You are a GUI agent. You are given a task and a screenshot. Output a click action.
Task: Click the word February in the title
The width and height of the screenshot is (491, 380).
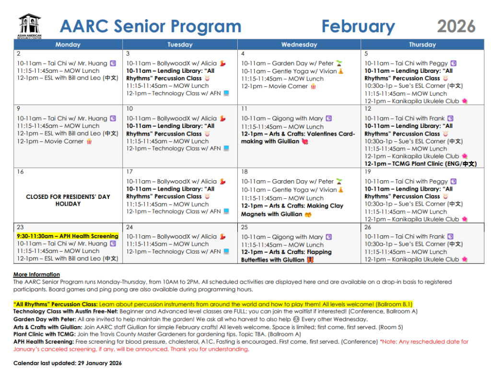tap(358, 26)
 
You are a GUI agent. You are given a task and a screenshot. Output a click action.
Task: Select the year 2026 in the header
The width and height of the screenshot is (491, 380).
tap(456, 26)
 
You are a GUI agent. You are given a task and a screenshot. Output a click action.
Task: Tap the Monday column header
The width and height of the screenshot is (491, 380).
tap(68, 45)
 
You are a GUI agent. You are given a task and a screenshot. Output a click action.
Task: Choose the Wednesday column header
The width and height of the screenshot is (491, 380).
tap(299, 45)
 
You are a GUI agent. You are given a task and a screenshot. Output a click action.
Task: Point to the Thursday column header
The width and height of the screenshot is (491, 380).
tap(422, 45)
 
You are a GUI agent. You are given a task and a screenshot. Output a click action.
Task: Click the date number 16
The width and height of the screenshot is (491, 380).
tap(20, 172)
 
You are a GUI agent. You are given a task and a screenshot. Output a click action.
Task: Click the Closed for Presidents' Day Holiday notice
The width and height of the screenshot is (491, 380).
tap(68, 200)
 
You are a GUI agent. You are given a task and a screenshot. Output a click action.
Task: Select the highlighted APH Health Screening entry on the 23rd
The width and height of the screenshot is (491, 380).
tap(67, 236)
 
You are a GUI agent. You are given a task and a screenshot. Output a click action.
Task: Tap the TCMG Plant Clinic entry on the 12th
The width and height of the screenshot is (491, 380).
tap(421, 164)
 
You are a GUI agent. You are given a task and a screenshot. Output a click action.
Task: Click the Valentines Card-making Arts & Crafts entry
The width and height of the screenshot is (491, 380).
tap(298, 138)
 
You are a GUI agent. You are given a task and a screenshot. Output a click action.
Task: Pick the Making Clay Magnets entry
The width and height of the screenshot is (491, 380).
tap(292, 210)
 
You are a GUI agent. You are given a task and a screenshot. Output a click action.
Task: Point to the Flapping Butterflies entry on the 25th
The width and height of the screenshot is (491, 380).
tap(286, 256)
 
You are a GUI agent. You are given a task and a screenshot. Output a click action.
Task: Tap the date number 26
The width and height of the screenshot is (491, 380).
tap(367, 227)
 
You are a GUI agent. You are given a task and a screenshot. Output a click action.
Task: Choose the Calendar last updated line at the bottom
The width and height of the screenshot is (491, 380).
tap(67, 363)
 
